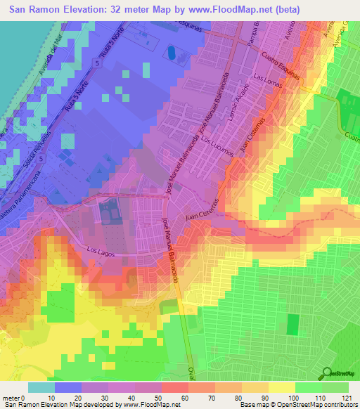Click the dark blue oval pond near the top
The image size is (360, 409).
pos(171,52)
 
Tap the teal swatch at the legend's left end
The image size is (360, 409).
pos(41,387)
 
